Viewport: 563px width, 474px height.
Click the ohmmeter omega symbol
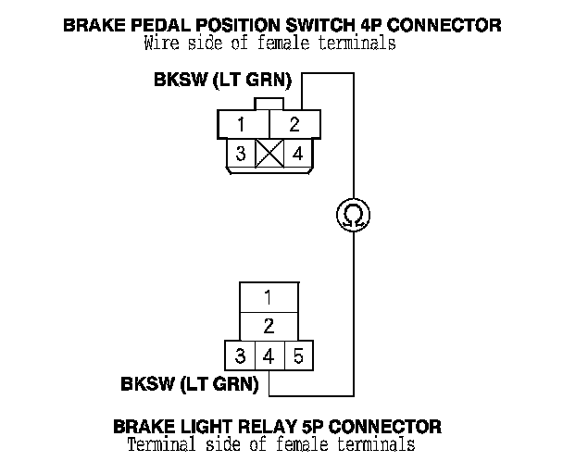(354, 215)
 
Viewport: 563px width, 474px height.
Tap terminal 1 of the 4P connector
(244, 124)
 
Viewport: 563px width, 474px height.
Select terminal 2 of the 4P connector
(294, 124)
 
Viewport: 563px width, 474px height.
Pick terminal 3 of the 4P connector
(241, 154)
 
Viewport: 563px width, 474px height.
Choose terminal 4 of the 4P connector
(298, 154)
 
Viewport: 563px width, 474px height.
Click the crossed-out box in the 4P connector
(269, 154)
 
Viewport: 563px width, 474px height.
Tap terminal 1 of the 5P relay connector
(269, 297)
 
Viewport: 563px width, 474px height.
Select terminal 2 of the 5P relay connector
(269, 326)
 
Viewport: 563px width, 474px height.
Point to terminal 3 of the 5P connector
(240, 355)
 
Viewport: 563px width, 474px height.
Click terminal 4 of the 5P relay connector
(269, 355)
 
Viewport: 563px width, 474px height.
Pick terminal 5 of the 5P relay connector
(299, 355)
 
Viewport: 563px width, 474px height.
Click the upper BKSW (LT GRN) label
(222, 80)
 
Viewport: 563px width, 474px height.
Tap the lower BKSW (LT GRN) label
(190, 384)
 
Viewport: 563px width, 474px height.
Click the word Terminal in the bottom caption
(161, 444)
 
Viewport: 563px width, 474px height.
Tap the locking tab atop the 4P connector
(269, 104)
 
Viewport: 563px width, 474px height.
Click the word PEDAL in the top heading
(160, 26)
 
